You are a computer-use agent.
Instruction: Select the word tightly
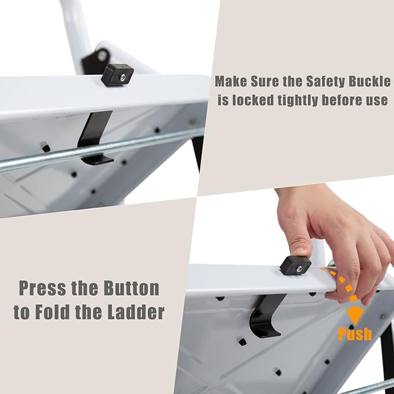click(299, 100)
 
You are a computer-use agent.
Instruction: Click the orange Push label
click(355, 334)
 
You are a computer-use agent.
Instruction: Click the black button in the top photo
click(117, 75)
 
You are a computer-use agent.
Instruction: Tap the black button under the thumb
click(295, 265)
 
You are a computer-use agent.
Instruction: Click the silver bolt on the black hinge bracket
click(102, 56)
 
